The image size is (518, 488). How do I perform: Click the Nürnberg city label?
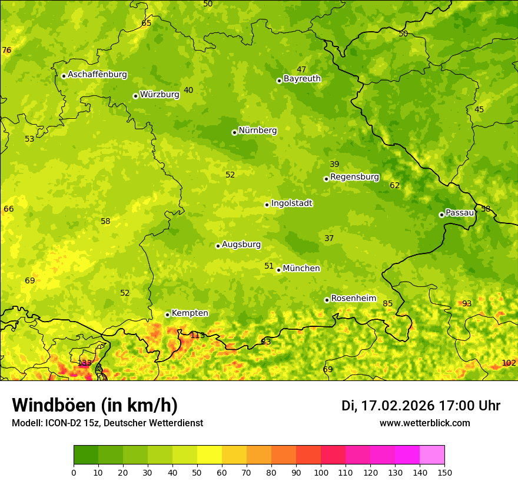coord(257,131)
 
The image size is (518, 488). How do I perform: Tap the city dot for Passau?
coord(441,215)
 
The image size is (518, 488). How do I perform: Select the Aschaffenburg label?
coord(97,75)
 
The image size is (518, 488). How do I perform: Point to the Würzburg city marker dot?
coord(135,96)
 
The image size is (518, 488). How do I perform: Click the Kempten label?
coord(190,313)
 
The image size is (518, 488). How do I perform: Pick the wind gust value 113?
coord(198,336)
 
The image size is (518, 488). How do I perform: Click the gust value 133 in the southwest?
coord(85,363)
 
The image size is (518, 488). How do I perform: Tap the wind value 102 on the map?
coord(509,363)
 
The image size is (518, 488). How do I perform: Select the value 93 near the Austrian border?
coord(467,304)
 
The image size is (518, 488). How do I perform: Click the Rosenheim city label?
coord(353,299)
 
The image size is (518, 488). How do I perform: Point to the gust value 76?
coord(6,51)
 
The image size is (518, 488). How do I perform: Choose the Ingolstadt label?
coord(291,203)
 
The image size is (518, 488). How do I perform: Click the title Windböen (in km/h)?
coord(95,405)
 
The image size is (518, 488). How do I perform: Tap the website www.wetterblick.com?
coord(424,423)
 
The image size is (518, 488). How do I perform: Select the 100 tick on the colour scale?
coord(321,472)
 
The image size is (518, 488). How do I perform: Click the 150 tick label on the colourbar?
coord(444,472)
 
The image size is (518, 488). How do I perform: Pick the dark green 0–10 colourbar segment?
coord(86,454)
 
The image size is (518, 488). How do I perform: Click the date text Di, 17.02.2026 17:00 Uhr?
coord(421,406)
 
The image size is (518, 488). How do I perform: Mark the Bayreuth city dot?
coord(279,81)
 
